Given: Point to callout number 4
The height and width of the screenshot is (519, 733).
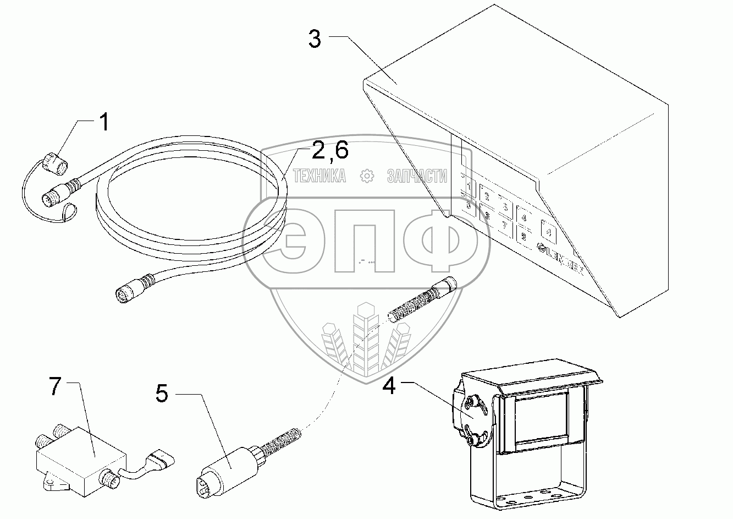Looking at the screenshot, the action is (389, 386).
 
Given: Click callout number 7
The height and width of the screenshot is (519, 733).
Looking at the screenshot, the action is (54, 388).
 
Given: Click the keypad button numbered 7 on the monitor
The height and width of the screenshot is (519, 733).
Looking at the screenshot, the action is (503, 226).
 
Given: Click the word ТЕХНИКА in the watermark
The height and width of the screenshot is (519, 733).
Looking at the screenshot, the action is (320, 176).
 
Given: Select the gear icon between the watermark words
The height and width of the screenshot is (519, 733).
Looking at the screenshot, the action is (366, 176).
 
